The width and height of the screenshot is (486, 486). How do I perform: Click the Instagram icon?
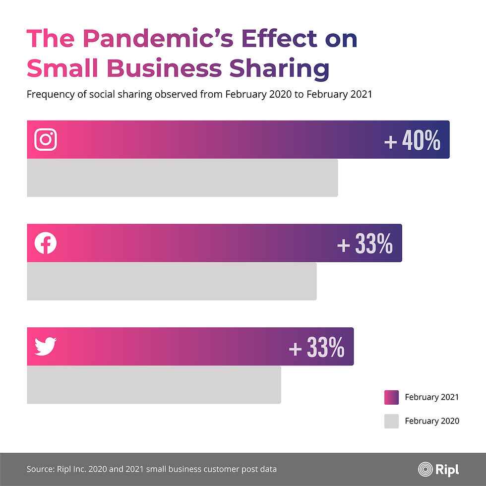46,140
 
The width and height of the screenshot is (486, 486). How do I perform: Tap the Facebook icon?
46,243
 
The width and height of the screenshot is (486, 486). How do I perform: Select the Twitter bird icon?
46,346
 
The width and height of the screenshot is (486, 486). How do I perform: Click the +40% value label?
412,142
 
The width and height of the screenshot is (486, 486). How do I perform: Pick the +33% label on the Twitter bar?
316,349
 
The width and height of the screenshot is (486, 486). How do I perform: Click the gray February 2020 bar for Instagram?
182,178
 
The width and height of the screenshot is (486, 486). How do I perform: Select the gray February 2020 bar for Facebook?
172,281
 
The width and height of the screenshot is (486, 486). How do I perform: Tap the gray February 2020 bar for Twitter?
154,385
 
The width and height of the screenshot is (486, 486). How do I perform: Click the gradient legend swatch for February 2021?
392,397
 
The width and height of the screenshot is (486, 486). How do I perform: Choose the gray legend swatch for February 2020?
392,421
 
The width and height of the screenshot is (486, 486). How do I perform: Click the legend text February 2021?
431,397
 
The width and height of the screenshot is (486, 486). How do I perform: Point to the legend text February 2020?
431,421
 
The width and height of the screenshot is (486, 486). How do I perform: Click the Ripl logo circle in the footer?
425,468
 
